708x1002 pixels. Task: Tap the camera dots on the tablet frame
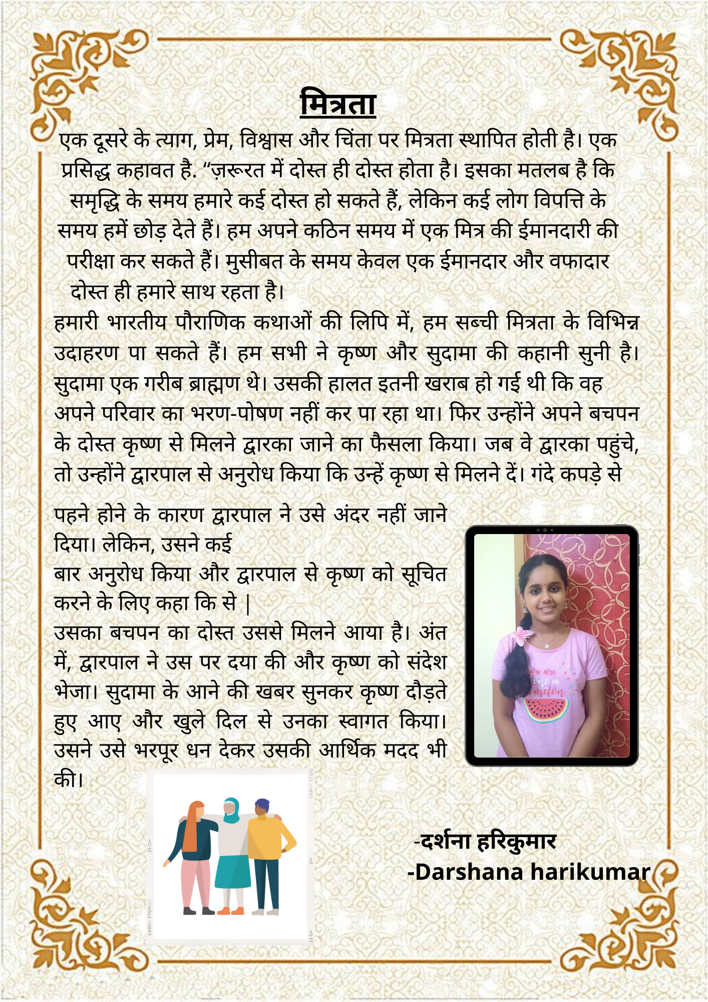tap(545, 530)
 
